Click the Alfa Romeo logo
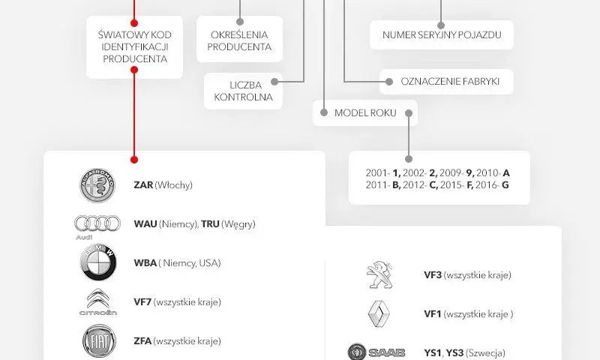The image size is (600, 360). click(97, 185)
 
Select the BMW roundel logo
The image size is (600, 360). click(98, 262)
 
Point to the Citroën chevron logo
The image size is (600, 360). click(98, 301)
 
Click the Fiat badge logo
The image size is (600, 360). click(99, 340)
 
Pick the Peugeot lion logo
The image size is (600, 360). click(379, 275)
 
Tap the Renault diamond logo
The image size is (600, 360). click(379, 314)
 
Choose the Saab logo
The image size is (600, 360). click(376, 352)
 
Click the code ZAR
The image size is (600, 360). click(143, 185)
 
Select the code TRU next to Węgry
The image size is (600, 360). click(210, 223)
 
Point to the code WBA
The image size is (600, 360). click(145, 263)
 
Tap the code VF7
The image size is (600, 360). click(142, 302)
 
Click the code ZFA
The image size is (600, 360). click(142, 340)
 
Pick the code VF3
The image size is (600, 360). click(433, 275)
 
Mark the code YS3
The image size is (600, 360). click(454, 352)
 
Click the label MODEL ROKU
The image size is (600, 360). click(365, 112)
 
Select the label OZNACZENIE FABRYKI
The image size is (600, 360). click(450, 82)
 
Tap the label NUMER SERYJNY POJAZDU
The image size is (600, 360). click(442, 34)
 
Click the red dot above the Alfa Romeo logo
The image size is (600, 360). click(134, 160)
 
